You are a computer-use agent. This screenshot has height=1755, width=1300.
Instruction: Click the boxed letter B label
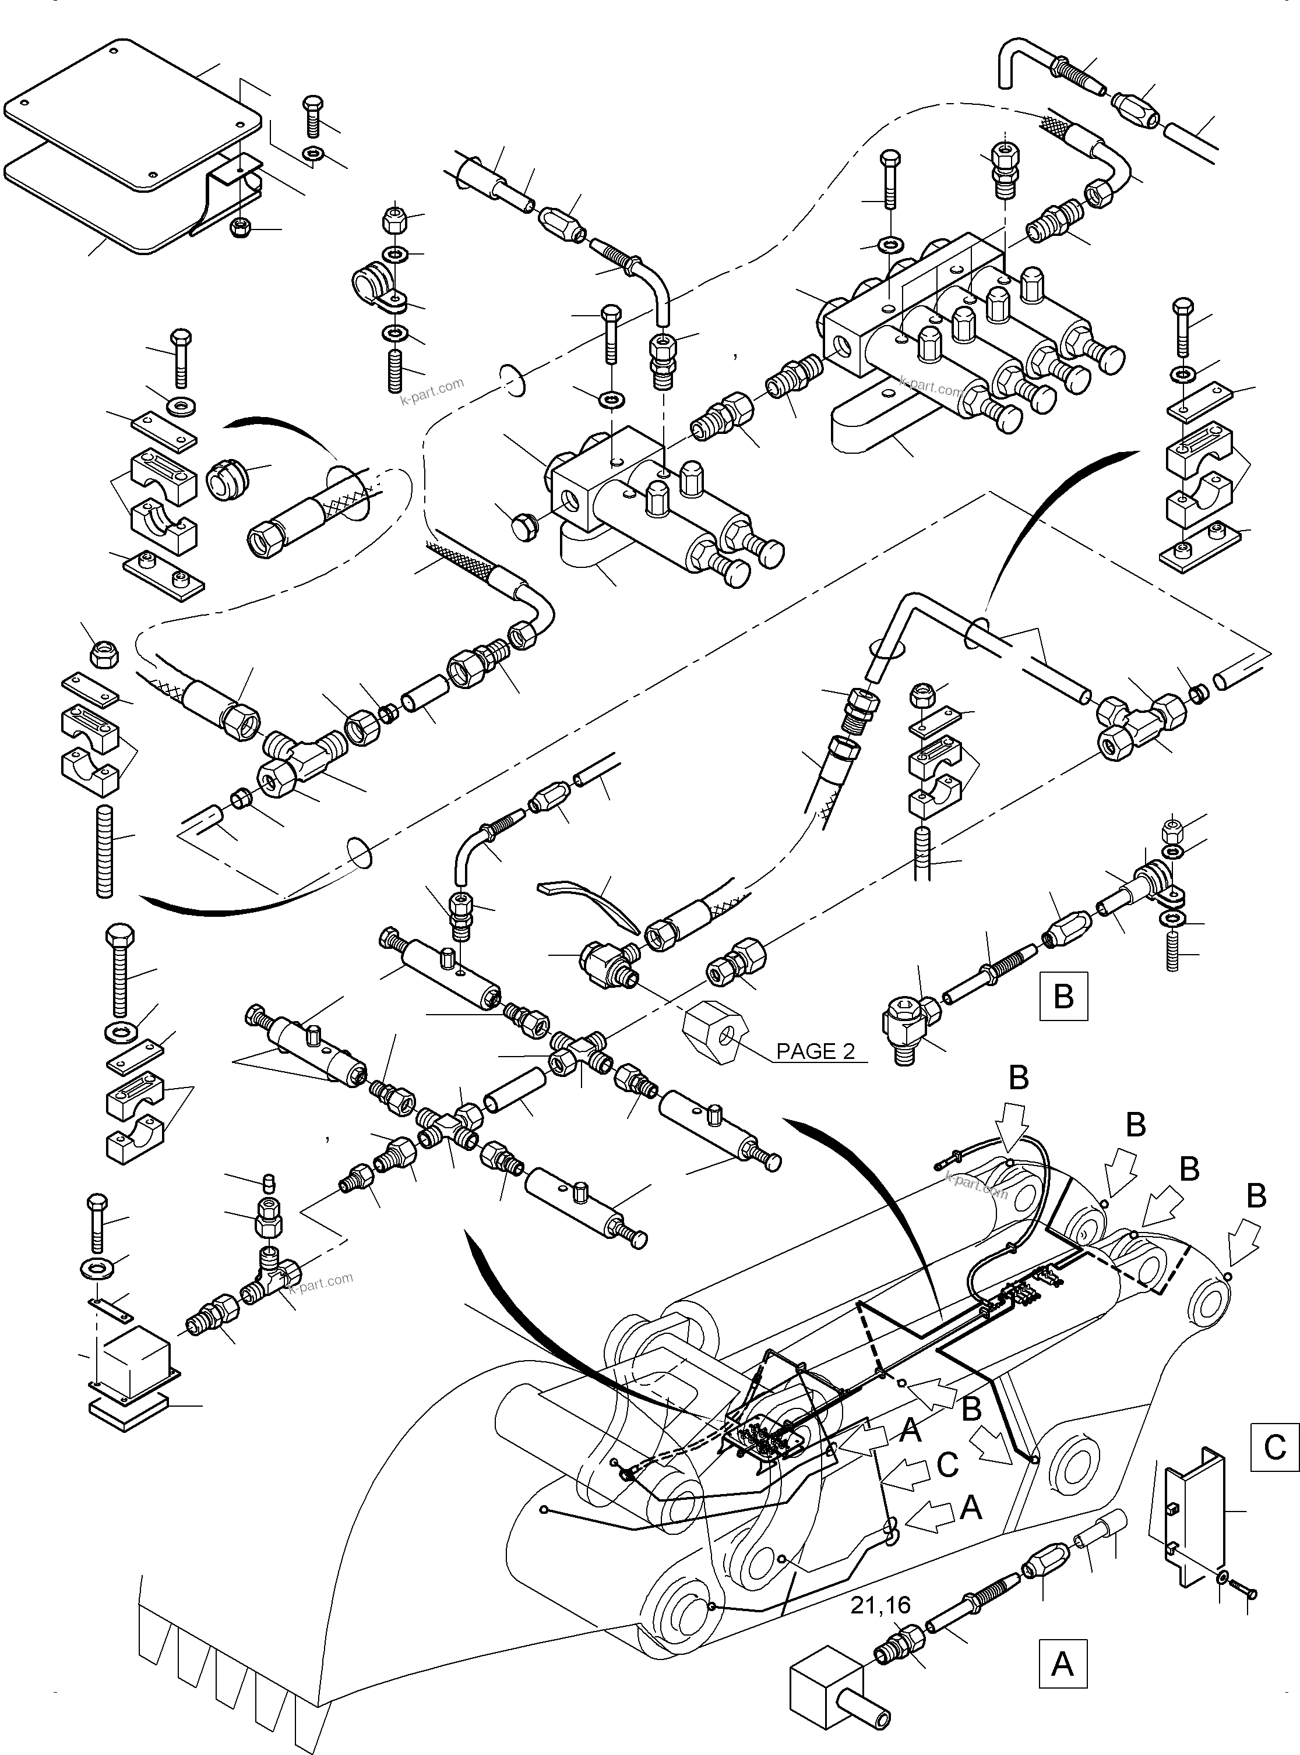[x=1063, y=997]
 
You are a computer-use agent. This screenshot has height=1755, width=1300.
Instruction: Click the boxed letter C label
[x=1274, y=1447]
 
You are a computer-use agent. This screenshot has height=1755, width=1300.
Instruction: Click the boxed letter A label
[x=1062, y=1664]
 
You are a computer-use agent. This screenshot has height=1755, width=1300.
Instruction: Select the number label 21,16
[x=880, y=1605]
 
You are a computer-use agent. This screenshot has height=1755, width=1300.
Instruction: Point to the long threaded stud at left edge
[x=104, y=851]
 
